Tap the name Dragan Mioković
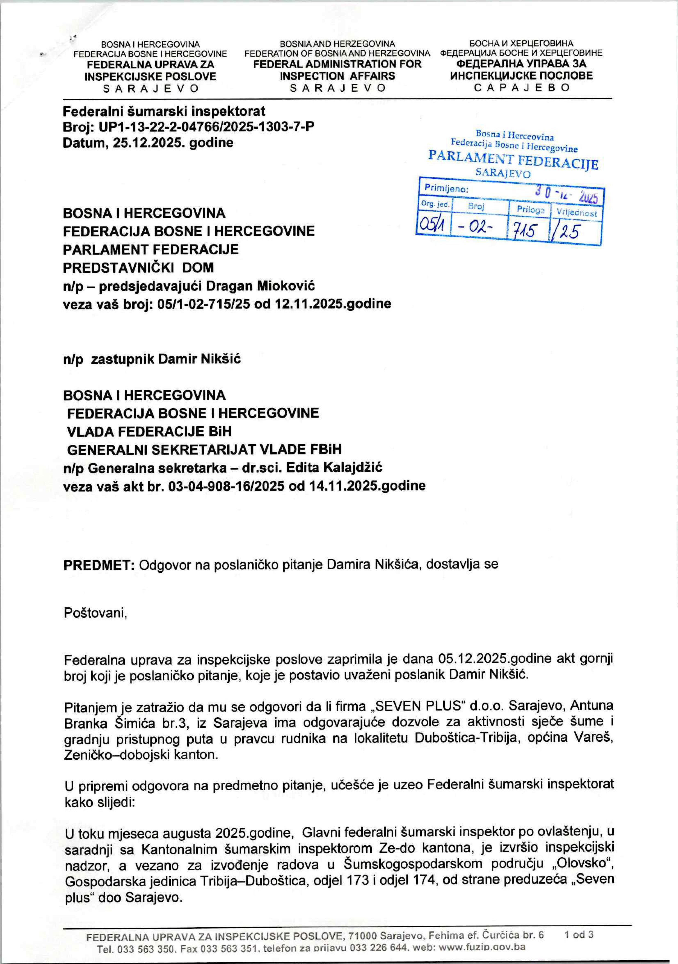pos(260,286)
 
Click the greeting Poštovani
pos(95,613)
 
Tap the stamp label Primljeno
pos(446,188)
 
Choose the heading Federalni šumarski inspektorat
pos(164,111)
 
